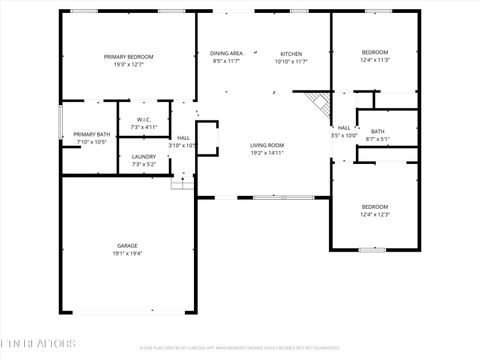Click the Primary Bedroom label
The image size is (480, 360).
click(x=129, y=57)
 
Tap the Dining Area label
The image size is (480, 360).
click(x=227, y=53)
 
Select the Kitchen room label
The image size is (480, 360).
click(x=291, y=53)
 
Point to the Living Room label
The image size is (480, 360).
click(x=267, y=145)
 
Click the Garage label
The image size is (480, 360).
click(x=127, y=245)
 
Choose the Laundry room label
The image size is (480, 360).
click(x=143, y=157)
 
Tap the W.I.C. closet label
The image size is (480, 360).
click(x=143, y=120)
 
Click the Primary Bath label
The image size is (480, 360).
click(x=91, y=134)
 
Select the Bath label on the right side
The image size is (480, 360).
click(x=377, y=131)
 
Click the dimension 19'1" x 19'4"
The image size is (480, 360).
click(x=127, y=254)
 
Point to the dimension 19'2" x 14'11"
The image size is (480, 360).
click(x=267, y=153)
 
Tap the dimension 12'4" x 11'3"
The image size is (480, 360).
click(x=375, y=60)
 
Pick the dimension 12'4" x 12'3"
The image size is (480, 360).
click(x=375, y=215)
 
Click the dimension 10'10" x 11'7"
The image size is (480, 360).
click(x=291, y=61)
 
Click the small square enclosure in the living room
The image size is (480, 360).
click(x=207, y=137)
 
